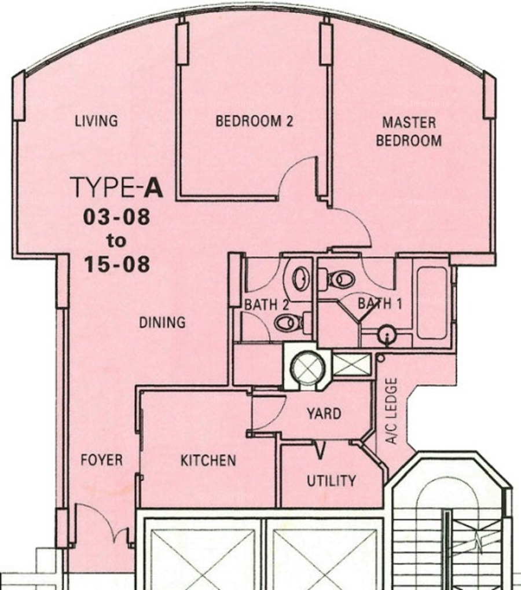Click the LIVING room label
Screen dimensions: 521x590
pyautogui.click(x=96, y=121)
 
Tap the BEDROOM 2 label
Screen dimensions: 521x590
pyautogui.click(x=254, y=121)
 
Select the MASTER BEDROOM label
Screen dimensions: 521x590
pyautogui.click(x=409, y=131)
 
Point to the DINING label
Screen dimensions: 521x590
pyautogui.click(x=162, y=323)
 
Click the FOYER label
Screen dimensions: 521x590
pyautogui.click(x=101, y=460)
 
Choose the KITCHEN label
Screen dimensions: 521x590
pyautogui.click(x=208, y=460)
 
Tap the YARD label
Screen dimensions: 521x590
pyautogui.click(x=324, y=413)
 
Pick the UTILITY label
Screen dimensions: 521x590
pyautogui.click(x=331, y=481)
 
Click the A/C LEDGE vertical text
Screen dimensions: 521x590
pyautogui.click(x=391, y=411)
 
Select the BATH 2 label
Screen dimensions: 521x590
pyautogui.click(x=267, y=305)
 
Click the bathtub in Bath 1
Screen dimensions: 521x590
pyautogui.click(x=432, y=303)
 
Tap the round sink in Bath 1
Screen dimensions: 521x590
pyautogui.click(x=387, y=334)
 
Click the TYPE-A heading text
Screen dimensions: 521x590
pyautogui.click(x=116, y=187)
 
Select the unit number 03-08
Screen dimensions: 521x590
pyautogui.click(x=116, y=217)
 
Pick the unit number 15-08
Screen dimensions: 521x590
pyautogui.click(x=116, y=264)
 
